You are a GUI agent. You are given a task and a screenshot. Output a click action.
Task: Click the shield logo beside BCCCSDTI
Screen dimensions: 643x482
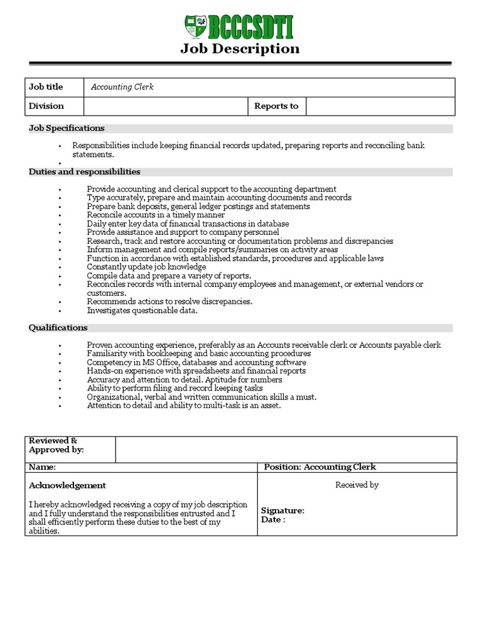click(196, 27)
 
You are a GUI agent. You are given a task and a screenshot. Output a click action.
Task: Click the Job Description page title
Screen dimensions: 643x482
click(240, 49)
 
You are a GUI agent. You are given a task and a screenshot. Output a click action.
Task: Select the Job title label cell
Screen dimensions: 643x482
click(46, 87)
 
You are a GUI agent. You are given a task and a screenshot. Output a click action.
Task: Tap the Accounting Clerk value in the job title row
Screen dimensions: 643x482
click(122, 87)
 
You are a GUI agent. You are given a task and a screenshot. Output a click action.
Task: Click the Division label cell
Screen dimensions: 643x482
click(46, 106)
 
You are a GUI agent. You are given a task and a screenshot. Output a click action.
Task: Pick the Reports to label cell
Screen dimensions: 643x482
click(276, 106)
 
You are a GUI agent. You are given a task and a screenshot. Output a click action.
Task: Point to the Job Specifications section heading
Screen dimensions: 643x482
click(67, 128)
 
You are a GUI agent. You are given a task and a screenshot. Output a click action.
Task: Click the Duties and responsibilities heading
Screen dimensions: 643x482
click(85, 172)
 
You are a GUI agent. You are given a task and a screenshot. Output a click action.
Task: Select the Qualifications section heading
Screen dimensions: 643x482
click(58, 328)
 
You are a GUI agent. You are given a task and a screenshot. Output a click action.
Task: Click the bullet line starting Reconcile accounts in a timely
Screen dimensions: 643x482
click(156, 215)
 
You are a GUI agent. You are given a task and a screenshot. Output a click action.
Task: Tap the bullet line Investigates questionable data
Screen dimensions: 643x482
click(142, 310)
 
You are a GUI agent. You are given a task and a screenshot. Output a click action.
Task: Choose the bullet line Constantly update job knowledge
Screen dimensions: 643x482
click(146, 267)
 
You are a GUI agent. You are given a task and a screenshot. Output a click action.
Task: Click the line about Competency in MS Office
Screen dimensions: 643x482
click(196, 362)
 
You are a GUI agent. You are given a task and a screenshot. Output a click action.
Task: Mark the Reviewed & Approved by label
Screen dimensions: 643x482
click(56, 445)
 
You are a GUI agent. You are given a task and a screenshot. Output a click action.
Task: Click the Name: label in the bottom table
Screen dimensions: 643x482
click(43, 467)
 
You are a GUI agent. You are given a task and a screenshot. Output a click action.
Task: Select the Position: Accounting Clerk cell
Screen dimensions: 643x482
click(320, 467)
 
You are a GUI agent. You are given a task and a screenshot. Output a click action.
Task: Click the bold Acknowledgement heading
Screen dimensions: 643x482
click(68, 485)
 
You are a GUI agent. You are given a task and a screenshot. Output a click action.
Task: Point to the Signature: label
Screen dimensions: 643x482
click(282, 511)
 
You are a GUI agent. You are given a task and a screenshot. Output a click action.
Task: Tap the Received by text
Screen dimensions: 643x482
click(356, 485)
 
